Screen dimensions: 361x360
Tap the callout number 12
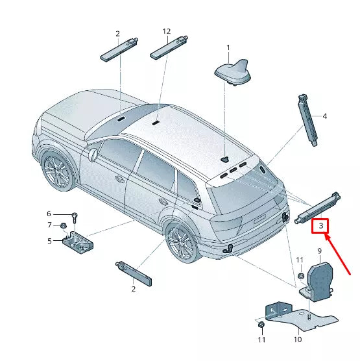[167, 31]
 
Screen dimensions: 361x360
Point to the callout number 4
[324, 117]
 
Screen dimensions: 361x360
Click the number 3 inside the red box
[320, 225]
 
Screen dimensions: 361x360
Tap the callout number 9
[319, 251]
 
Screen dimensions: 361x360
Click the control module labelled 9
[319, 278]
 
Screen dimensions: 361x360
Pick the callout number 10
[298, 339]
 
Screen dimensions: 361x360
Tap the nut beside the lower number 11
[260, 324]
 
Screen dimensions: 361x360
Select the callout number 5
[49, 241]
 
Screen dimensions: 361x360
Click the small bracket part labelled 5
[77, 241]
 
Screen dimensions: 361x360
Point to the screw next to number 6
[75, 215]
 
